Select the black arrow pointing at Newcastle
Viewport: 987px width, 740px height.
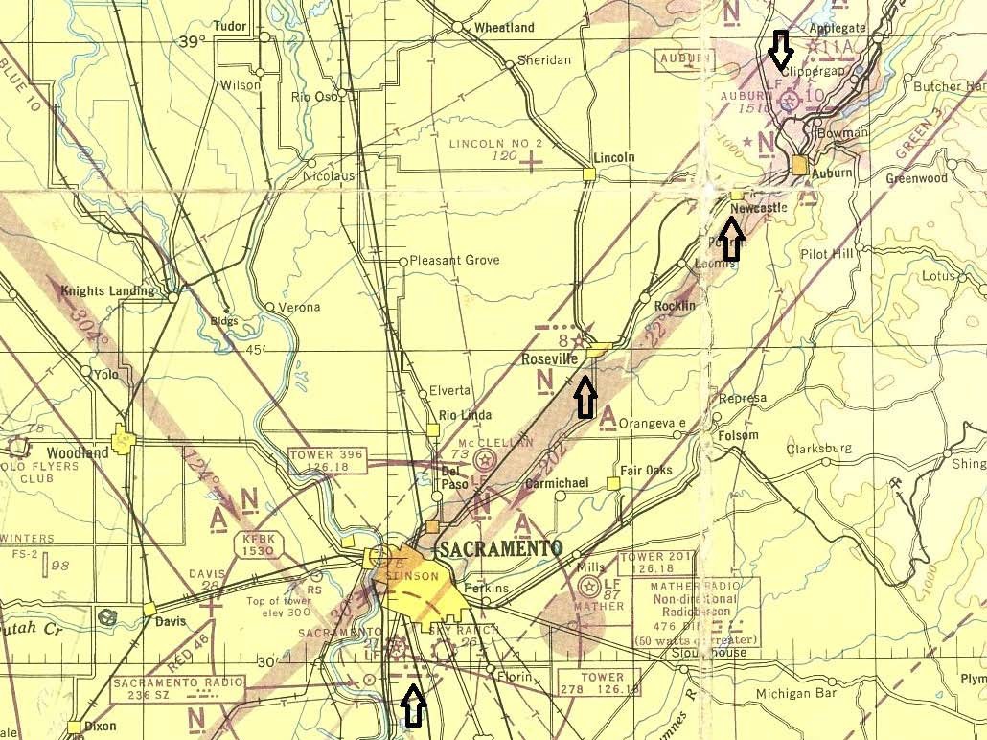(731, 239)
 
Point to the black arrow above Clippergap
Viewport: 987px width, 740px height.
(782, 49)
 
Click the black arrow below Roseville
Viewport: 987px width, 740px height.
(585, 397)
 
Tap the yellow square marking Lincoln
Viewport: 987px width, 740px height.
(589, 173)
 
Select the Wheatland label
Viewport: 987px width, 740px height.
(504, 28)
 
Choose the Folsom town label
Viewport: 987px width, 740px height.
(737, 436)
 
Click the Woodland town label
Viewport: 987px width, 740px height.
(76, 451)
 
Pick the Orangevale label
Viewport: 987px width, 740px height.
(654, 423)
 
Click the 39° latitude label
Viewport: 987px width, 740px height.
(193, 41)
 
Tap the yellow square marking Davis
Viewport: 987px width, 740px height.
(149, 608)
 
